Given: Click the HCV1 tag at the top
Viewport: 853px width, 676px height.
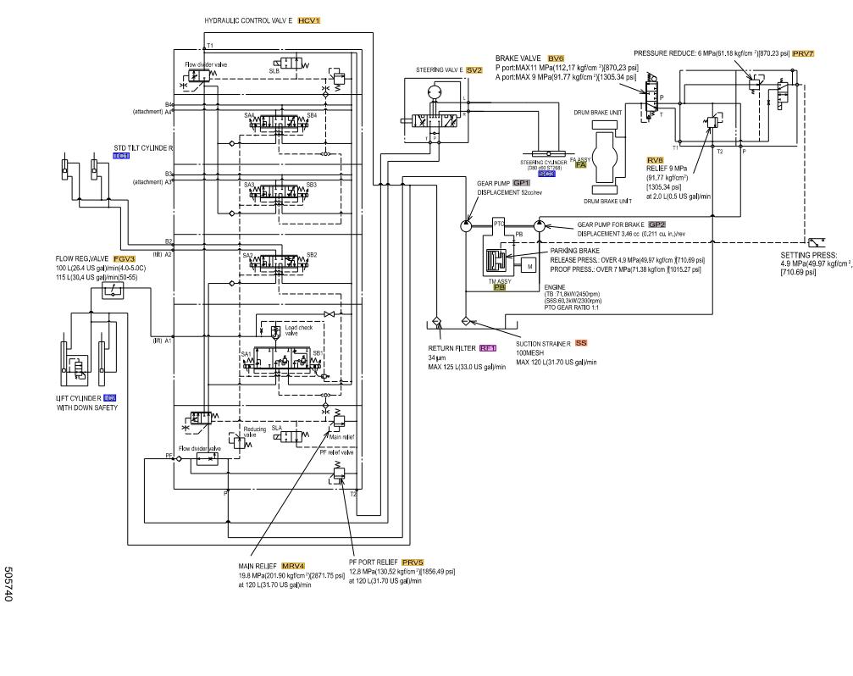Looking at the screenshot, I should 309,19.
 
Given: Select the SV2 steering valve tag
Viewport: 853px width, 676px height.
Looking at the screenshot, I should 474,70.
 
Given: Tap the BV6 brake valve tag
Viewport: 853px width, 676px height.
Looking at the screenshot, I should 556,58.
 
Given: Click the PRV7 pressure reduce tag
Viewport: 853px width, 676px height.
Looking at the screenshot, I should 803,53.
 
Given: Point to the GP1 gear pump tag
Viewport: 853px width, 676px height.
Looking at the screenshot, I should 521,182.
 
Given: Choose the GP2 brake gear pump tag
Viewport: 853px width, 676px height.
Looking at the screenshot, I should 656,224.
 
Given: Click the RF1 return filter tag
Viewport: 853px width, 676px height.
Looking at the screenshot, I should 488,348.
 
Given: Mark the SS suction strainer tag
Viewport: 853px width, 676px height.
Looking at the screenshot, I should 580,343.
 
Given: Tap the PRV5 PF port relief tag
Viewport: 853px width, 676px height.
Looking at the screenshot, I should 413,562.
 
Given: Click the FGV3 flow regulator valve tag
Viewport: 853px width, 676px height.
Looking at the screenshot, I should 125,258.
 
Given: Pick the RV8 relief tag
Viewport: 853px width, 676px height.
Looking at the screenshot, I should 655,159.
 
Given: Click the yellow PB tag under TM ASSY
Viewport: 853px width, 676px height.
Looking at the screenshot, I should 500,287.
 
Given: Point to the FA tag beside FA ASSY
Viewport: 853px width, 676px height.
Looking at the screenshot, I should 580,165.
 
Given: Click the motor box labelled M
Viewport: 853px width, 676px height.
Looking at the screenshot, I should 529,266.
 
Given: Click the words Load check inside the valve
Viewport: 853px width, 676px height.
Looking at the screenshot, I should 297,326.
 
